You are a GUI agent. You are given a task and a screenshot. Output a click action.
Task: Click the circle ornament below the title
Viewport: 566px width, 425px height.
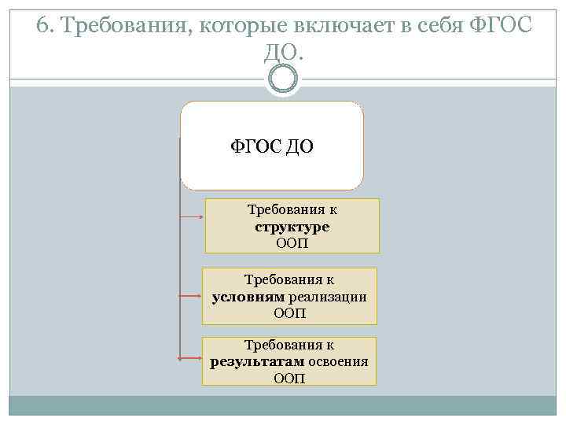pos(282,79)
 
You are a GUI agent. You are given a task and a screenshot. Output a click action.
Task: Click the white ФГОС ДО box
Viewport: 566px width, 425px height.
pos(272,146)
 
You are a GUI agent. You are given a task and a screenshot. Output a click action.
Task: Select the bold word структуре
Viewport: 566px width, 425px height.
pos(292,227)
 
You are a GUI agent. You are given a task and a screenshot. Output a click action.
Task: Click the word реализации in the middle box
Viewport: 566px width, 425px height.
pos(328,296)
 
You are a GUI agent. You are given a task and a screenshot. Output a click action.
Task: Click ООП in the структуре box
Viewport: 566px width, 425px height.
pos(292,243)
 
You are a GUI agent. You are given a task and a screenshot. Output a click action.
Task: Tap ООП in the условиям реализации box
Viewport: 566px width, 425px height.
pos(289,312)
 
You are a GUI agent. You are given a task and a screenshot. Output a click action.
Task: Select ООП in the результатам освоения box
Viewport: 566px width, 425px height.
pos(289,379)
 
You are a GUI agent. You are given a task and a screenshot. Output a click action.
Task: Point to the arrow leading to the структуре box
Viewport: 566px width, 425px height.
pos(193,214)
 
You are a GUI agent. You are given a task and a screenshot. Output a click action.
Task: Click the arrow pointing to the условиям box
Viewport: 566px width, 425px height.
pos(191,297)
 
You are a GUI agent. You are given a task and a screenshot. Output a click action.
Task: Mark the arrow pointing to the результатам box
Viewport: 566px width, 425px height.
pos(191,359)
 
